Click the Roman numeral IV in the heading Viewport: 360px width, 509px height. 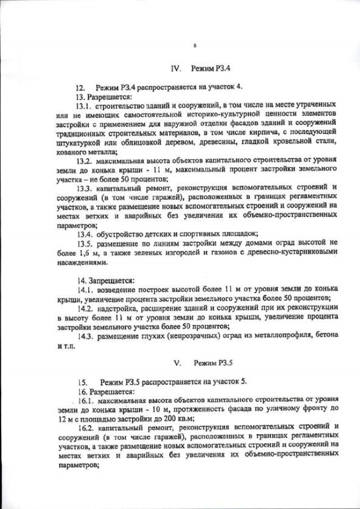click(x=175, y=69)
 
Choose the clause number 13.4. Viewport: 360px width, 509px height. click(x=85, y=234)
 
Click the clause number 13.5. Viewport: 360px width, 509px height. click(x=84, y=244)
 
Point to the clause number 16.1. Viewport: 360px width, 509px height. click(x=87, y=400)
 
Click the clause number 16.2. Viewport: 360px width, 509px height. click(x=87, y=428)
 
